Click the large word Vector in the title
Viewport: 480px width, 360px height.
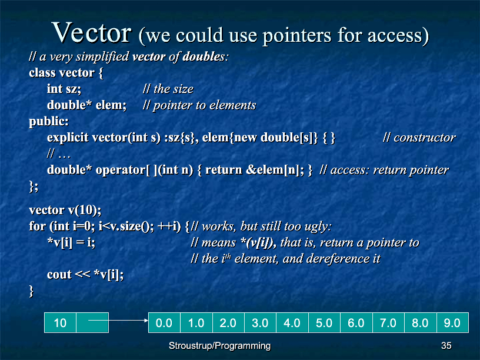92,32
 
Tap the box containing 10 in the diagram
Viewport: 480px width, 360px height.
61,322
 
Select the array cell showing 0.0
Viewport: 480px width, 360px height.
164,322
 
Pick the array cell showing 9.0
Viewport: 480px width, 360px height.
452,322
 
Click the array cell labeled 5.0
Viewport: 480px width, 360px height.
325,322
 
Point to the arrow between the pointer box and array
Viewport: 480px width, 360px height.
118,320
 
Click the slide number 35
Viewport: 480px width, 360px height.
446,346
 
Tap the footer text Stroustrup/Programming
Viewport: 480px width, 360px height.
220,346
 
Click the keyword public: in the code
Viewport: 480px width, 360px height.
49,122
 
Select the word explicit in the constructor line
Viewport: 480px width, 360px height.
68,138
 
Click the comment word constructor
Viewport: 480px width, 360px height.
425,138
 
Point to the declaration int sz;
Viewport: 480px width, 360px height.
64,89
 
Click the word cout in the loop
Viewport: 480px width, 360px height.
59,275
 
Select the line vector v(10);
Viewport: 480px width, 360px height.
65,211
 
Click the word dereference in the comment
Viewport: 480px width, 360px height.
338,259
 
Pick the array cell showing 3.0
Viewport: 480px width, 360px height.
261,322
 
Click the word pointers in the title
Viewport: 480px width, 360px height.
297,35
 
